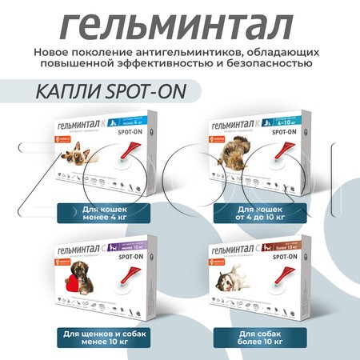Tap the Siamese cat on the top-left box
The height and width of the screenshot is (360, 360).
tap(76, 165)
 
